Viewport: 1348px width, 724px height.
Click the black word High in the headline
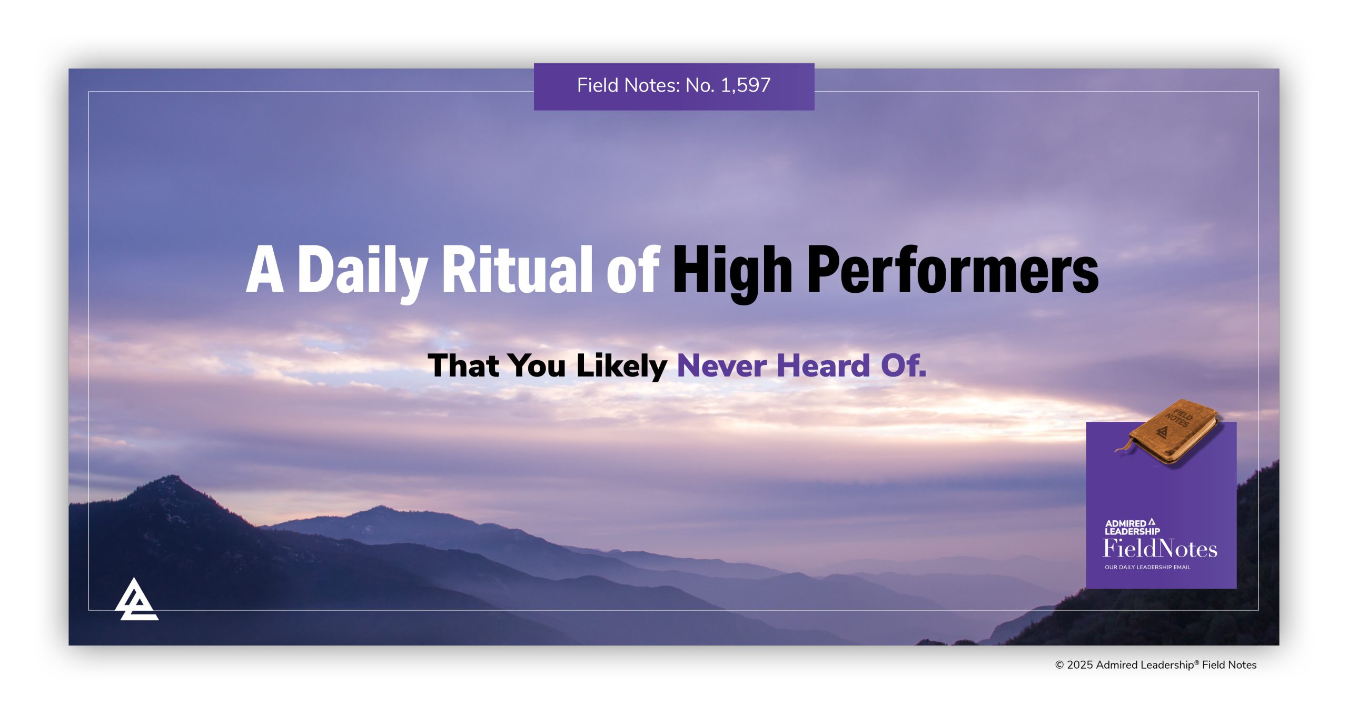coord(732,271)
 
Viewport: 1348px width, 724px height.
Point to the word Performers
coord(953,271)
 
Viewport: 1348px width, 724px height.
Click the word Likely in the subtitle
coord(621,366)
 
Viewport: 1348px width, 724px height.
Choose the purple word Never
coord(721,365)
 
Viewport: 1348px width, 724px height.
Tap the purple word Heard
coord(824,365)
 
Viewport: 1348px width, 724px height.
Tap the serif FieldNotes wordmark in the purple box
coord(1160,549)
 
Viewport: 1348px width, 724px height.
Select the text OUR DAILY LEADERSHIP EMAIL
coord(1147,568)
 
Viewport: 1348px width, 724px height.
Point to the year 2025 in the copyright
coord(1080,665)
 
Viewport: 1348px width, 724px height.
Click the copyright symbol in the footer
coord(1059,665)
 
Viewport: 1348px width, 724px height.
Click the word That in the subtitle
coord(463,365)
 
